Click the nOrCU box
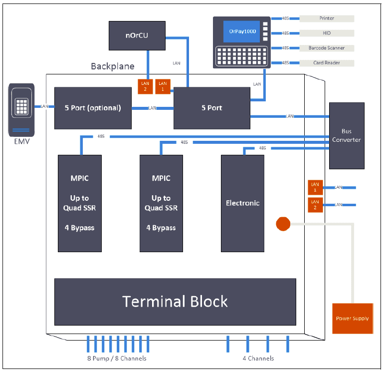click(137, 35)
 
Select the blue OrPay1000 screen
click(242, 31)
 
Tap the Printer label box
click(327, 18)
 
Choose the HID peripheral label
click(327, 33)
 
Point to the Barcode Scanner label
click(327, 48)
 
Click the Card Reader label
click(327, 63)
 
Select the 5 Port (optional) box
click(93, 108)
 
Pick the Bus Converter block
click(347, 135)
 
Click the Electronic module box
click(243, 203)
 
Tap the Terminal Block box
click(175, 302)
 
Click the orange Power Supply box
click(352, 318)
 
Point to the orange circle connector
click(283, 224)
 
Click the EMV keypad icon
click(21, 107)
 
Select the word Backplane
click(112, 66)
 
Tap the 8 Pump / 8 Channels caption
click(117, 359)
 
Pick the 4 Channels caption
click(258, 359)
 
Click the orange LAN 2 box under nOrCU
click(145, 86)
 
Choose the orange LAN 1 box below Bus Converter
click(315, 187)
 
